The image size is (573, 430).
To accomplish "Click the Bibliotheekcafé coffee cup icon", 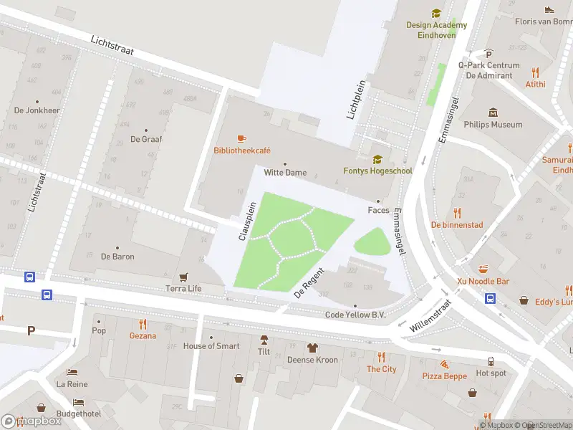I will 241,138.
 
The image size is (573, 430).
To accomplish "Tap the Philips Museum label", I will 493,125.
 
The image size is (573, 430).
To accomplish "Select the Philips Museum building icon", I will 493,113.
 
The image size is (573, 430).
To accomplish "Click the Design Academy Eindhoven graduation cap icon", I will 435,13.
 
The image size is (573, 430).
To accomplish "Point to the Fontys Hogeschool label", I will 377,171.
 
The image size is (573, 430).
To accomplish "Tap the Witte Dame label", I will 285,173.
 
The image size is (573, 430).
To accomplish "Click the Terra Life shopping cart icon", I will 184,277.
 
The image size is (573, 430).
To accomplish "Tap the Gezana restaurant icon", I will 143,324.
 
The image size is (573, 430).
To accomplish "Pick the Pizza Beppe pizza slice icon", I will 444,364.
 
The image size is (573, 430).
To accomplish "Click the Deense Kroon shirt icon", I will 312,348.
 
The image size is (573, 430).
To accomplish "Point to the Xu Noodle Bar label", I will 483,282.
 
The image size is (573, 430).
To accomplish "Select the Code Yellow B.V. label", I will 355,315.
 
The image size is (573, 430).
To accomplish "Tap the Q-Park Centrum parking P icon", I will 489,53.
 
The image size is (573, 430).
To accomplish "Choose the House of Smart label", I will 211,346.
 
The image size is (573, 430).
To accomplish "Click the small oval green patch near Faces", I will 373,243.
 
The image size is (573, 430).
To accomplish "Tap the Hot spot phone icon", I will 491,362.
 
